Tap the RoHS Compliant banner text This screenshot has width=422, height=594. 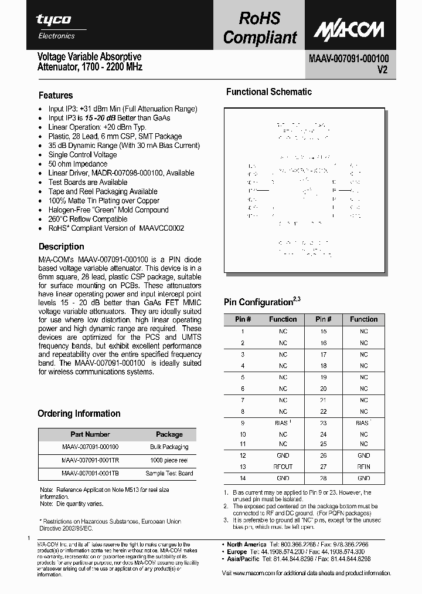pyautogui.click(x=260, y=28)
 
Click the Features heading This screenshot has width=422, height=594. pyautogui.click(x=56, y=95)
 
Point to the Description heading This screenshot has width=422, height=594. pyautogui.click(x=62, y=247)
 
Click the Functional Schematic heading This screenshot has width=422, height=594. pyautogui.click(x=269, y=92)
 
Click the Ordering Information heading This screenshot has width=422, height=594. pyautogui.click(x=79, y=413)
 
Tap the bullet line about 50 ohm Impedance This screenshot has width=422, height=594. pyautogui.click(x=77, y=164)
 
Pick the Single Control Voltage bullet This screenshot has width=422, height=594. pyautogui.click(x=82, y=154)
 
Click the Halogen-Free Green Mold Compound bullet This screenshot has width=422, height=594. pyautogui.click(x=108, y=210)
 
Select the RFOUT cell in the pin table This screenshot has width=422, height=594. pyautogui.click(x=283, y=467)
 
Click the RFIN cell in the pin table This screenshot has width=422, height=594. pyautogui.click(x=363, y=467)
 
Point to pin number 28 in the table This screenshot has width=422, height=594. pyautogui.click(x=323, y=478)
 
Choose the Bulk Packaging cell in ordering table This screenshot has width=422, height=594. pyautogui.click(x=169, y=447)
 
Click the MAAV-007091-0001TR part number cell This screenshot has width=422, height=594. pyautogui.click(x=90, y=460)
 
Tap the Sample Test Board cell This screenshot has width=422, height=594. pyautogui.click(x=169, y=473)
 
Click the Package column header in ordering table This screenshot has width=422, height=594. pyautogui.click(x=169, y=434)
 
